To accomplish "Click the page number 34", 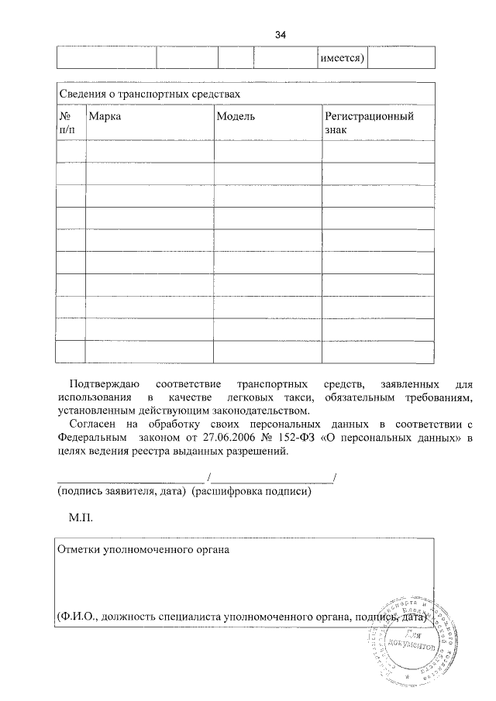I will (x=281, y=35).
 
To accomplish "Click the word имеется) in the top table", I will (x=343, y=58).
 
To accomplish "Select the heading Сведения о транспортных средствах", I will (x=150, y=94).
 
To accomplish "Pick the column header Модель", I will (x=236, y=116).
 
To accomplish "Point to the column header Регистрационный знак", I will (x=368, y=122).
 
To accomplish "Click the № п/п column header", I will (x=67, y=122).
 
